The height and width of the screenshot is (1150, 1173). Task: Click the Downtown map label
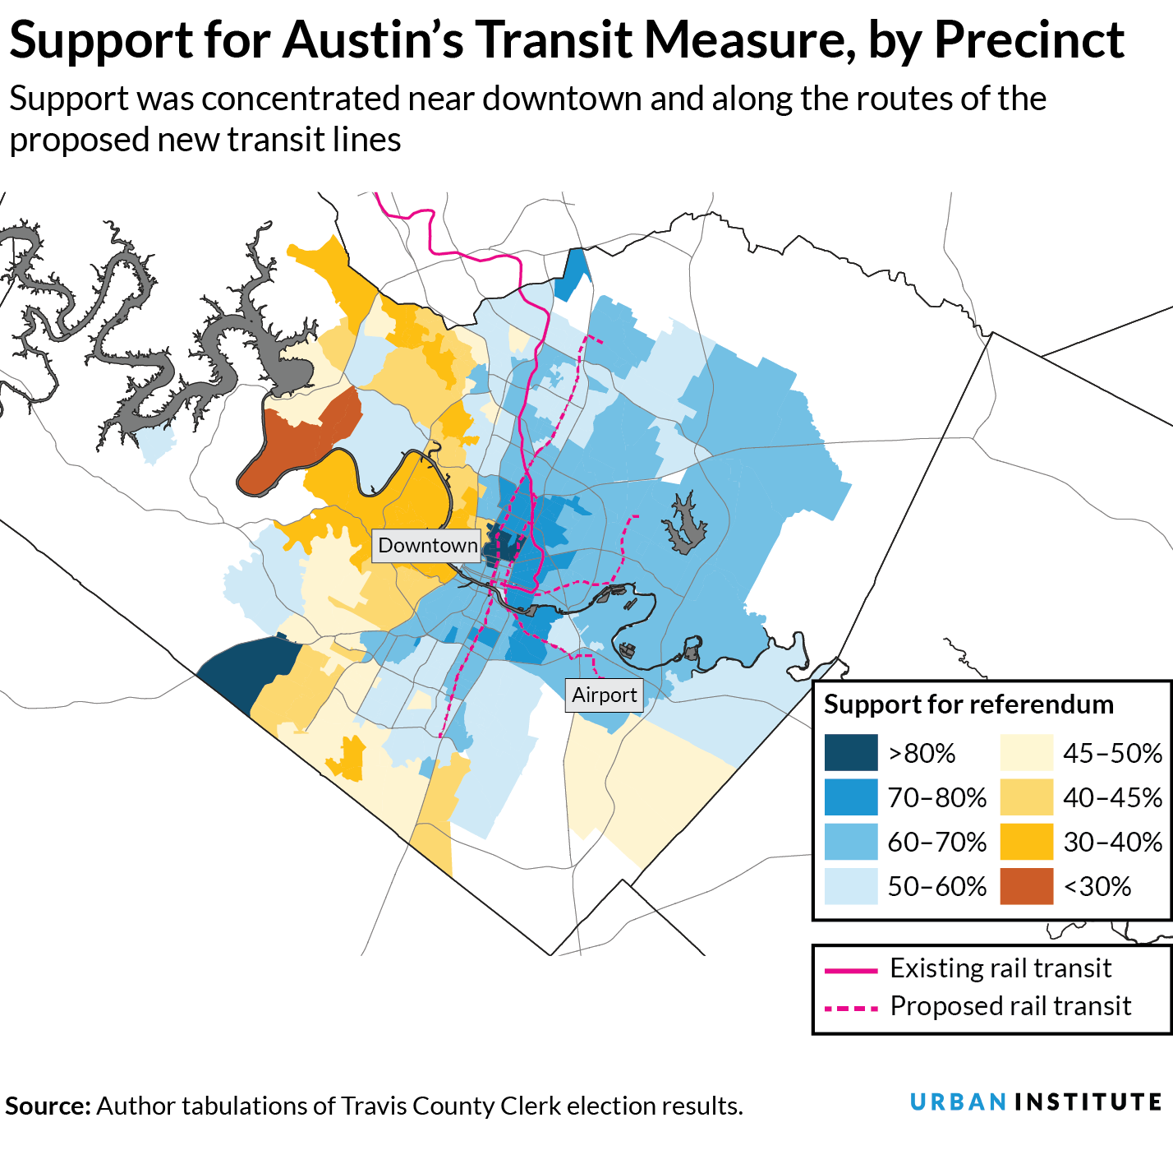point(426,546)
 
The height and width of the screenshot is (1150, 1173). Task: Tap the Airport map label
point(604,695)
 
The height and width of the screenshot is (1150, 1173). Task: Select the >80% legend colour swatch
point(851,753)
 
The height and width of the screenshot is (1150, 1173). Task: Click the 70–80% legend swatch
point(851,797)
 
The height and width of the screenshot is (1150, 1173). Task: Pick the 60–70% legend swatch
point(851,842)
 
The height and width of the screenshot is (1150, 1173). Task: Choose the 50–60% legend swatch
point(851,886)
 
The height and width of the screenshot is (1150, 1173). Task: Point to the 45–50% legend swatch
point(1026,753)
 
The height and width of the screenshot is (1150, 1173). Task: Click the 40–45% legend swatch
point(1026,797)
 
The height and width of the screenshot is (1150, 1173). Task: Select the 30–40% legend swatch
point(1026,842)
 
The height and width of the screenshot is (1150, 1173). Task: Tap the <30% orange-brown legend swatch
point(1026,886)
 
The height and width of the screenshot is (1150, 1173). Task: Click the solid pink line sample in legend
point(851,971)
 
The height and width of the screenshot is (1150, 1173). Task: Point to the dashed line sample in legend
point(851,1008)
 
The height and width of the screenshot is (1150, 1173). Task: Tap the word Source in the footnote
point(46,1106)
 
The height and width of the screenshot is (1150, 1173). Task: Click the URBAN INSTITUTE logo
point(1035,1102)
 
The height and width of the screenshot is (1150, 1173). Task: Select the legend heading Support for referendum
point(968,705)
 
